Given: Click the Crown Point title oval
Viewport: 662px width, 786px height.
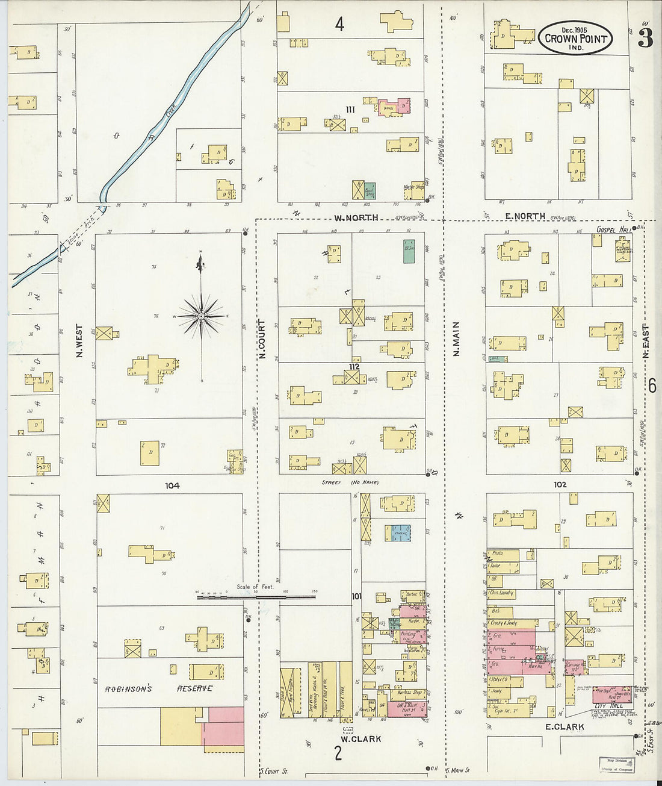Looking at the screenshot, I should click(x=575, y=38).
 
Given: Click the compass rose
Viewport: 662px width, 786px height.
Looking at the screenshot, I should click(x=202, y=315).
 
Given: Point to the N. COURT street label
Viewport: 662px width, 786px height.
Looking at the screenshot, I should click(x=262, y=339).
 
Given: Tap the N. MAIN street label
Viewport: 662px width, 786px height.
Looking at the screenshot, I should click(x=456, y=338).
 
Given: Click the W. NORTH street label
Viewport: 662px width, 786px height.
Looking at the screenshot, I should click(x=357, y=217).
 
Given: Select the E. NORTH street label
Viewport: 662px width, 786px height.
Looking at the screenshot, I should click(x=525, y=216).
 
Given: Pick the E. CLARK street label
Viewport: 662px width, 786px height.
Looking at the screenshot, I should click(x=565, y=727).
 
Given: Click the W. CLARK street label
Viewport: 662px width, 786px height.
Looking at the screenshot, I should click(x=361, y=739).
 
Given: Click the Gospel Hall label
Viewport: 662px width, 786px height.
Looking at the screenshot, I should click(x=612, y=229).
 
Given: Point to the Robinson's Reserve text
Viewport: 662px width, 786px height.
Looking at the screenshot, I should click(x=159, y=688).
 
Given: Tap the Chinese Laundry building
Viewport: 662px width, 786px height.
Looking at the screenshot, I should click(x=503, y=593).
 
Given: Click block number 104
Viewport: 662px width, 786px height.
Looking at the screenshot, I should click(x=172, y=485).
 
